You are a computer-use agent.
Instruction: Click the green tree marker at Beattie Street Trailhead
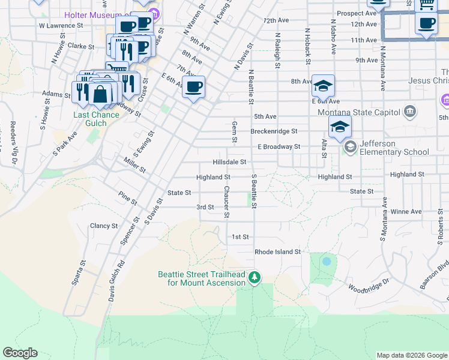[x=255, y=277]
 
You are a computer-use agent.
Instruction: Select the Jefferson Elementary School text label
[x=395, y=148]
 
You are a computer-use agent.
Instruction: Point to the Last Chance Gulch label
[x=89, y=119]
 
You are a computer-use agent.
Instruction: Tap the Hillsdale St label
[x=229, y=162]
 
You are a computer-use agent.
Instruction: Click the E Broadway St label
[x=279, y=146]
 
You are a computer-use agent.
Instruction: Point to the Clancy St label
[x=103, y=226]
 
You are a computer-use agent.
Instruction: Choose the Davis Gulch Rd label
[x=115, y=281]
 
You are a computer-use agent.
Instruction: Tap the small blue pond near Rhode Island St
[x=326, y=262]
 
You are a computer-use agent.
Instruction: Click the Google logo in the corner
[x=20, y=353]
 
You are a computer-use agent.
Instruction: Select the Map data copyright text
[x=412, y=355]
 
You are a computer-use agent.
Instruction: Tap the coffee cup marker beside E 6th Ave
[x=193, y=87]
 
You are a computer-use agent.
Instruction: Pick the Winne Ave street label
[x=406, y=212]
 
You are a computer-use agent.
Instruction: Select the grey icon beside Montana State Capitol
[x=410, y=111]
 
